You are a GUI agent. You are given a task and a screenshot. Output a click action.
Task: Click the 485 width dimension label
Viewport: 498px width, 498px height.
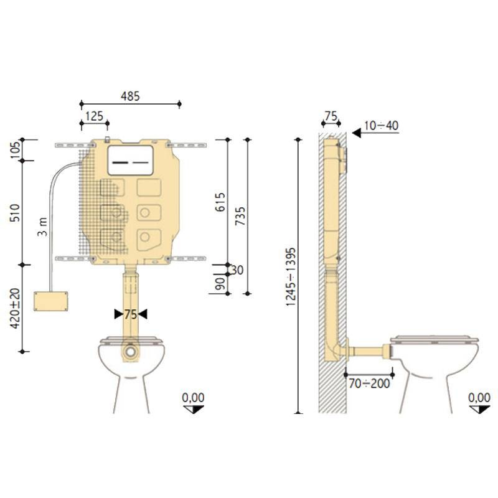click(130, 96)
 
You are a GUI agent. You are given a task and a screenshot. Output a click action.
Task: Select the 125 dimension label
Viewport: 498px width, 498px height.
click(95, 116)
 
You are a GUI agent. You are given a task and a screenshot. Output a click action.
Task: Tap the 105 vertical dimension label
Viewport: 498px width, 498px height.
click(15, 150)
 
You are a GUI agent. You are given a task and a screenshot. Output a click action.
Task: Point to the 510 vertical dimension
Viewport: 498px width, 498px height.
click(15, 212)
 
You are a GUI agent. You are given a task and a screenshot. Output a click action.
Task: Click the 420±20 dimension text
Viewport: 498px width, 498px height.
click(15, 308)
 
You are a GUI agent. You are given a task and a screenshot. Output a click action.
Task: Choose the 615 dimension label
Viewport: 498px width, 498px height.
click(220, 202)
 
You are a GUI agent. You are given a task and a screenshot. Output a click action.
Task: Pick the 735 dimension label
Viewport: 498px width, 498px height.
click(240, 216)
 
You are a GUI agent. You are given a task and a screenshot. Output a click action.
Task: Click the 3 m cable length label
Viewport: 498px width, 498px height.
click(42, 227)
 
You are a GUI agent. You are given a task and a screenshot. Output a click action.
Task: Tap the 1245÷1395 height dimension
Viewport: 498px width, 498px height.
click(291, 276)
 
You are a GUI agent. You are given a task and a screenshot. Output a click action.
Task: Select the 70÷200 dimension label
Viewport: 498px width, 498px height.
click(369, 383)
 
